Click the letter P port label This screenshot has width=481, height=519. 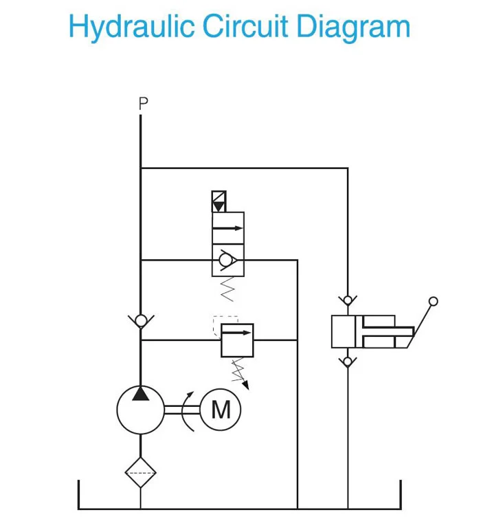(x=142, y=104)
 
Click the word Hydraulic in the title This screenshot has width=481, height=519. (x=130, y=27)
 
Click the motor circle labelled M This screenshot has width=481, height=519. (x=221, y=410)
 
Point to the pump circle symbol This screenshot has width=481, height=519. (x=140, y=410)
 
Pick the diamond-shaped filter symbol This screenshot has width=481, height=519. (x=140, y=472)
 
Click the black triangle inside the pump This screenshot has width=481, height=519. (x=140, y=393)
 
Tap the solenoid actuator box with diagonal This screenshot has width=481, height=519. (x=220, y=201)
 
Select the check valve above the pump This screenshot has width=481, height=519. (x=140, y=320)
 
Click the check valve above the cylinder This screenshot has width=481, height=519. (x=348, y=300)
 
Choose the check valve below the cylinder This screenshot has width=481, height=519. (x=348, y=361)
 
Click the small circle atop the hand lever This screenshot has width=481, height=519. (x=433, y=301)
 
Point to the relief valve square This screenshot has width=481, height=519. (x=236, y=340)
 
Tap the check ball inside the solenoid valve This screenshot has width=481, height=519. (x=225, y=261)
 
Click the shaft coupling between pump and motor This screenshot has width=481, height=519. (x=182, y=410)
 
